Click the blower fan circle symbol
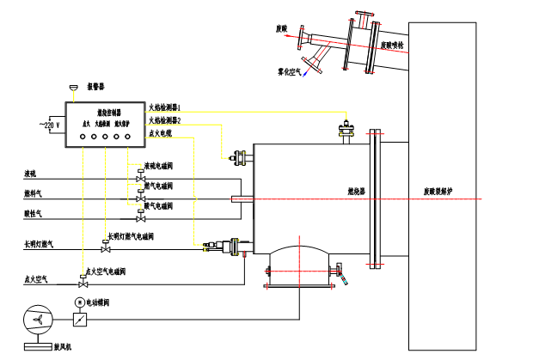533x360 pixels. click(x=38, y=320)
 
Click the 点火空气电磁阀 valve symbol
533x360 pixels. click(x=83, y=283)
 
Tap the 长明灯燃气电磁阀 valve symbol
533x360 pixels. click(x=106, y=248)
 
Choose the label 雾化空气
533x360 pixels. click(x=289, y=71)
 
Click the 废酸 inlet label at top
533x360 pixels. click(x=281, y=28)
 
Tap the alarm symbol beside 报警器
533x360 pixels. click(x=73, y=87)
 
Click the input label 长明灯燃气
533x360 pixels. click(x=39, y=245)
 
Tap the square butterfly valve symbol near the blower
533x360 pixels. click(x=80, y=320)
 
